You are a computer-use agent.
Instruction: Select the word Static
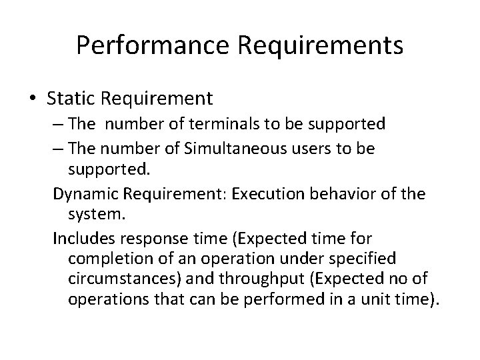[x=69, y=99]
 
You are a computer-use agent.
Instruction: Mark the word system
[x=92, y=216]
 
